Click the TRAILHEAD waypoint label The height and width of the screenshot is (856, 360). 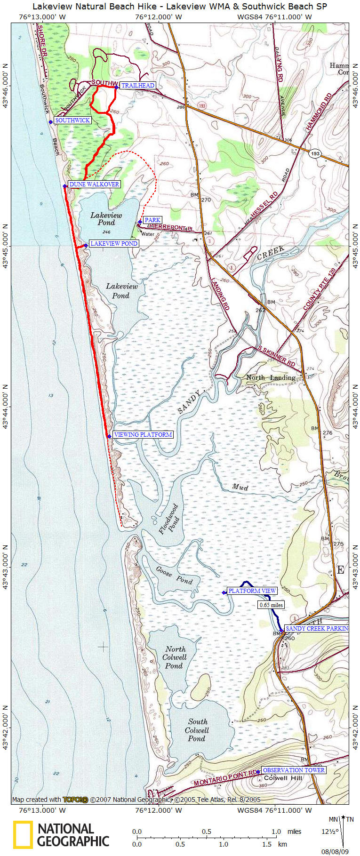click(x=138, y=85)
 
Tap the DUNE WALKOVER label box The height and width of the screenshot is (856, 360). click(x=94, y=184)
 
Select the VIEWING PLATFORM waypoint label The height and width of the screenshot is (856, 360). click(x=143, y=434)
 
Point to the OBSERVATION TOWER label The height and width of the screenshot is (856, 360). click(x=294, y=770)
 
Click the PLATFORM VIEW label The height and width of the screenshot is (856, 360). click(x=252, y=591)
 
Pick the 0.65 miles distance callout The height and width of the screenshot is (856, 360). click(x=271, y=605)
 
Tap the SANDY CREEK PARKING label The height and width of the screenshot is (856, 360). click(x=317, y=628)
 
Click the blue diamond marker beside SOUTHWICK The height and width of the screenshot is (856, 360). click(x=51, y=122)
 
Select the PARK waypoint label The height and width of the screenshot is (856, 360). click(x=152, y=220)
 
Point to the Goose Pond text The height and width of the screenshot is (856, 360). click(x=174, y=575)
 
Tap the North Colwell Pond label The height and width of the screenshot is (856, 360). click(x=174, y=657)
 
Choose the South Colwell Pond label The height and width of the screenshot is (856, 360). click(x=197, y=730)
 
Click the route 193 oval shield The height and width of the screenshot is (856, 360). click(x=315, y=154)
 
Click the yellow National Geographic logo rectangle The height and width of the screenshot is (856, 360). click(x=23, y=834)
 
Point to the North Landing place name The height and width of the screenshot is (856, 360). click(x=271, y=377)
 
